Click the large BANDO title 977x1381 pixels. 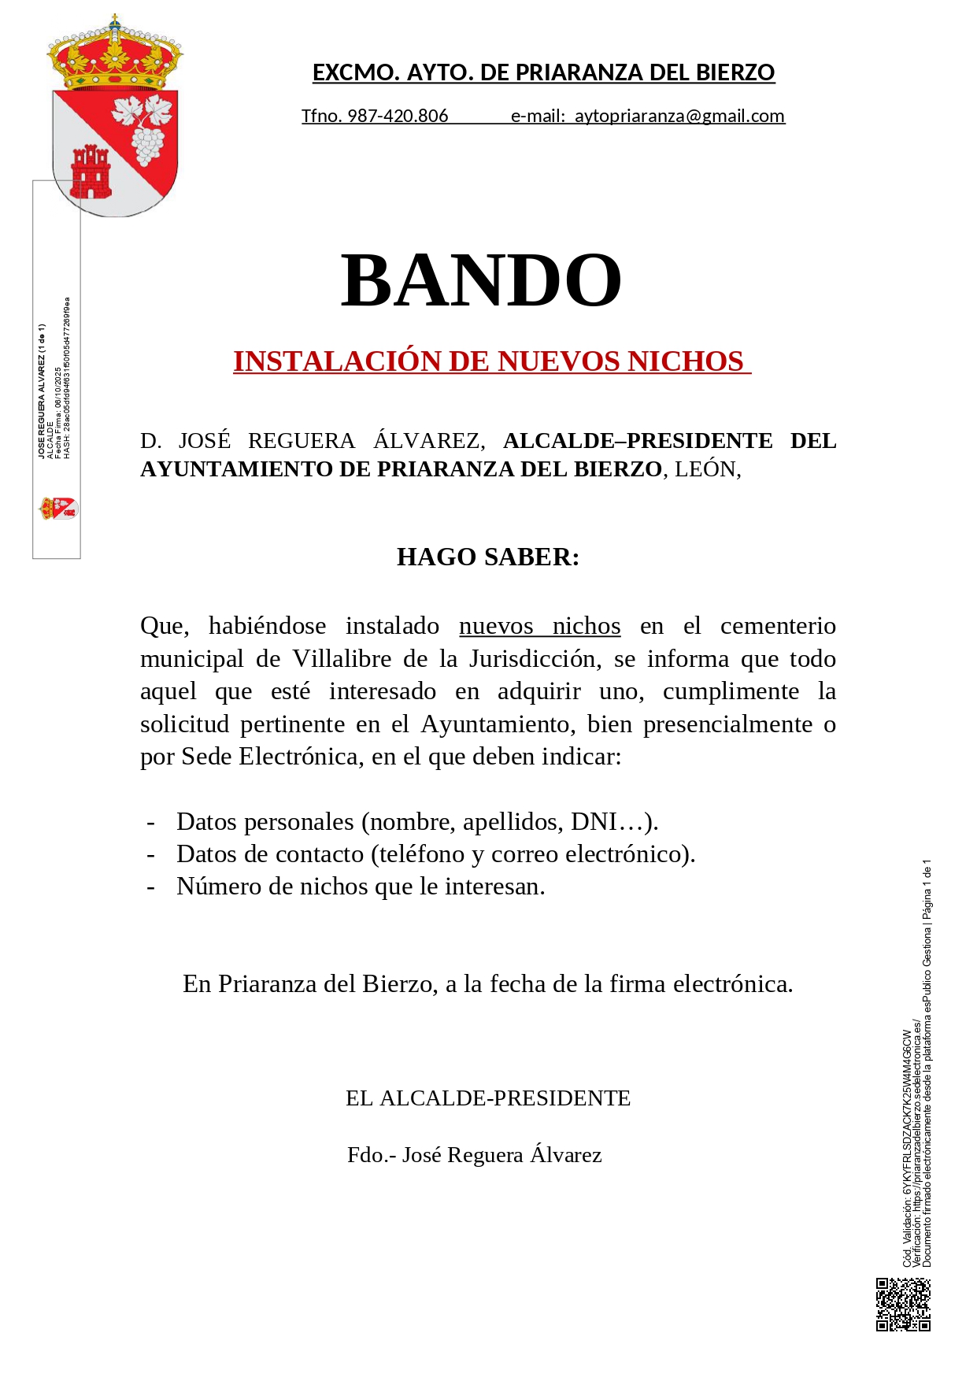481,280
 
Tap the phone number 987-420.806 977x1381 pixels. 398,116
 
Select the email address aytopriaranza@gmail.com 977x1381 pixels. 679,116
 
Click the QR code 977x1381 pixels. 903,1305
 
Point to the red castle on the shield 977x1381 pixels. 91,172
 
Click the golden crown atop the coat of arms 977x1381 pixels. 115,55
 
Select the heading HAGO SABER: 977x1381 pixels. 488,557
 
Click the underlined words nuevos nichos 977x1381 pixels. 539,626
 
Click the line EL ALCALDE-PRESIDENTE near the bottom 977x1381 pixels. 488,1098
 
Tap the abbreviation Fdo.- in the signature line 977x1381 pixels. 372,1154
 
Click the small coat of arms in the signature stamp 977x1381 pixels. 58,509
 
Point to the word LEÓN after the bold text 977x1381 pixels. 705,468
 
